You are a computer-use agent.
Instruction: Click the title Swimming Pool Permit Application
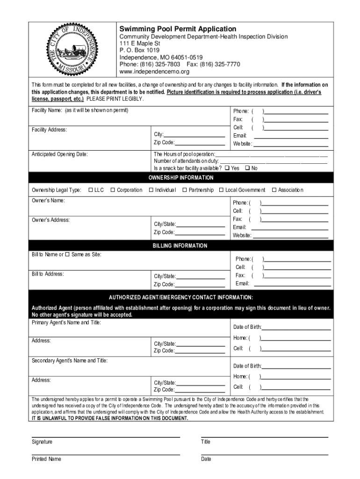(178, 29)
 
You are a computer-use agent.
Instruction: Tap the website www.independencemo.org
(154, 72)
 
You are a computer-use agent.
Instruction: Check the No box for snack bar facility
(247, 168)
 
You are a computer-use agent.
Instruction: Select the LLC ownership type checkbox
(91, 190)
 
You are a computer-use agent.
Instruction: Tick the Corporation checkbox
(113, 190)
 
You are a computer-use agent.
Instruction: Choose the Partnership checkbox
(185, 190)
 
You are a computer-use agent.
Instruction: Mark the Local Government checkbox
(221, 190)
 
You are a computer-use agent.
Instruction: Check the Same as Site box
(67, 254)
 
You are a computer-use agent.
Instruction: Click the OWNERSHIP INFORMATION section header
(181, 178)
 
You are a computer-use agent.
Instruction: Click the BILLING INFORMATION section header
(180, 246)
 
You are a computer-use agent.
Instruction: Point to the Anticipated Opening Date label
(59, 154)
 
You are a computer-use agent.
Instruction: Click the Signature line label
(42, 442)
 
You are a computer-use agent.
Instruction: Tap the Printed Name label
(46, 459)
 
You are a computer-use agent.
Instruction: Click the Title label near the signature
(206, 442)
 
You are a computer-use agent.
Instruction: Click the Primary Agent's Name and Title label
(66, 323)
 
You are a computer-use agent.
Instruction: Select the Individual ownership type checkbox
(151, 190)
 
